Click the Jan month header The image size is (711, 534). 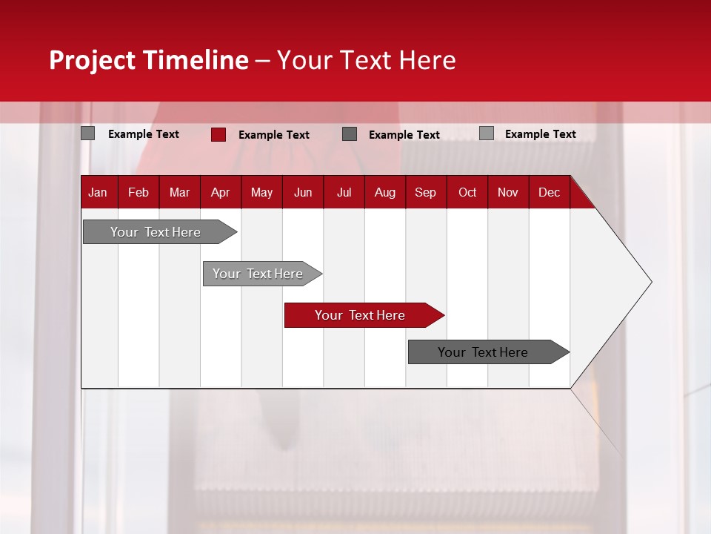tap(98, 192)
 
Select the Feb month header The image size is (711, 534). tap(138, 192)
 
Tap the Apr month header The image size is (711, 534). tap(220, 192)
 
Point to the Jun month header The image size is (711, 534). tap(303, 192)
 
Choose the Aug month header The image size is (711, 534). tap(385, 192)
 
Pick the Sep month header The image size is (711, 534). tap(425, 192)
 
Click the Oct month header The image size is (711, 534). tap(467, 192)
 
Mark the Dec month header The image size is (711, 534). tap(550, 192)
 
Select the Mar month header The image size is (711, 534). tap(179, 192)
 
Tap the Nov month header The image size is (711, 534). tap(508, 192)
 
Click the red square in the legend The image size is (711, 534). tap(218, 134)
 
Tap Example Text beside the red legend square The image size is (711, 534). tap(274, 135)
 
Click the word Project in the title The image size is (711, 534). tap(93, 60)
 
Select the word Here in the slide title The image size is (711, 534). tap(427, 60)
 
